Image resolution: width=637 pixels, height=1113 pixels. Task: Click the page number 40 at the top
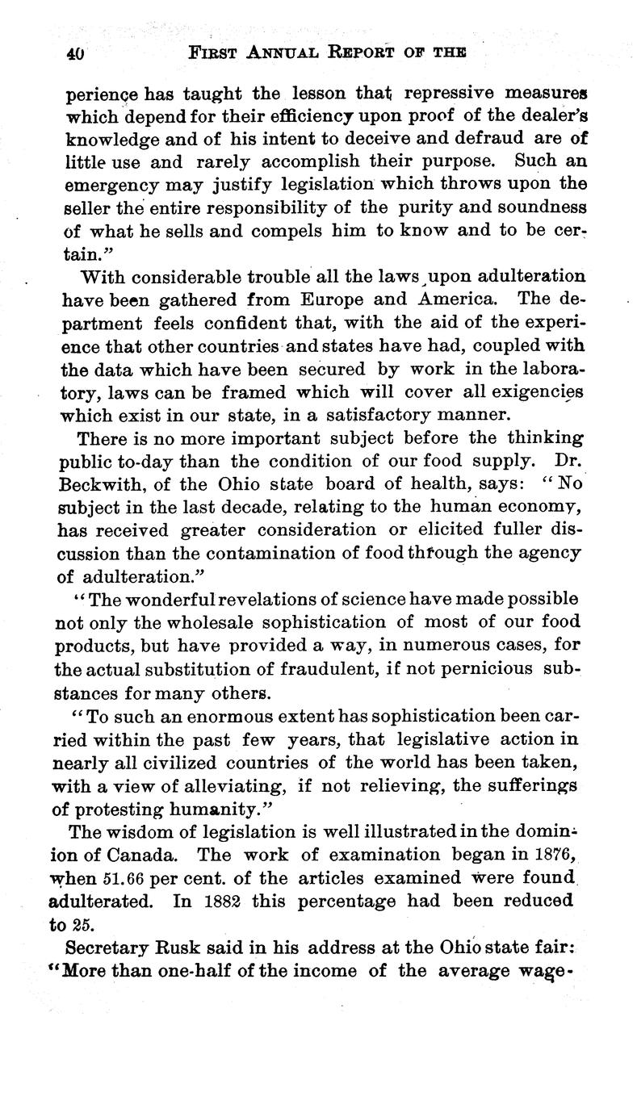point(77,54)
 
